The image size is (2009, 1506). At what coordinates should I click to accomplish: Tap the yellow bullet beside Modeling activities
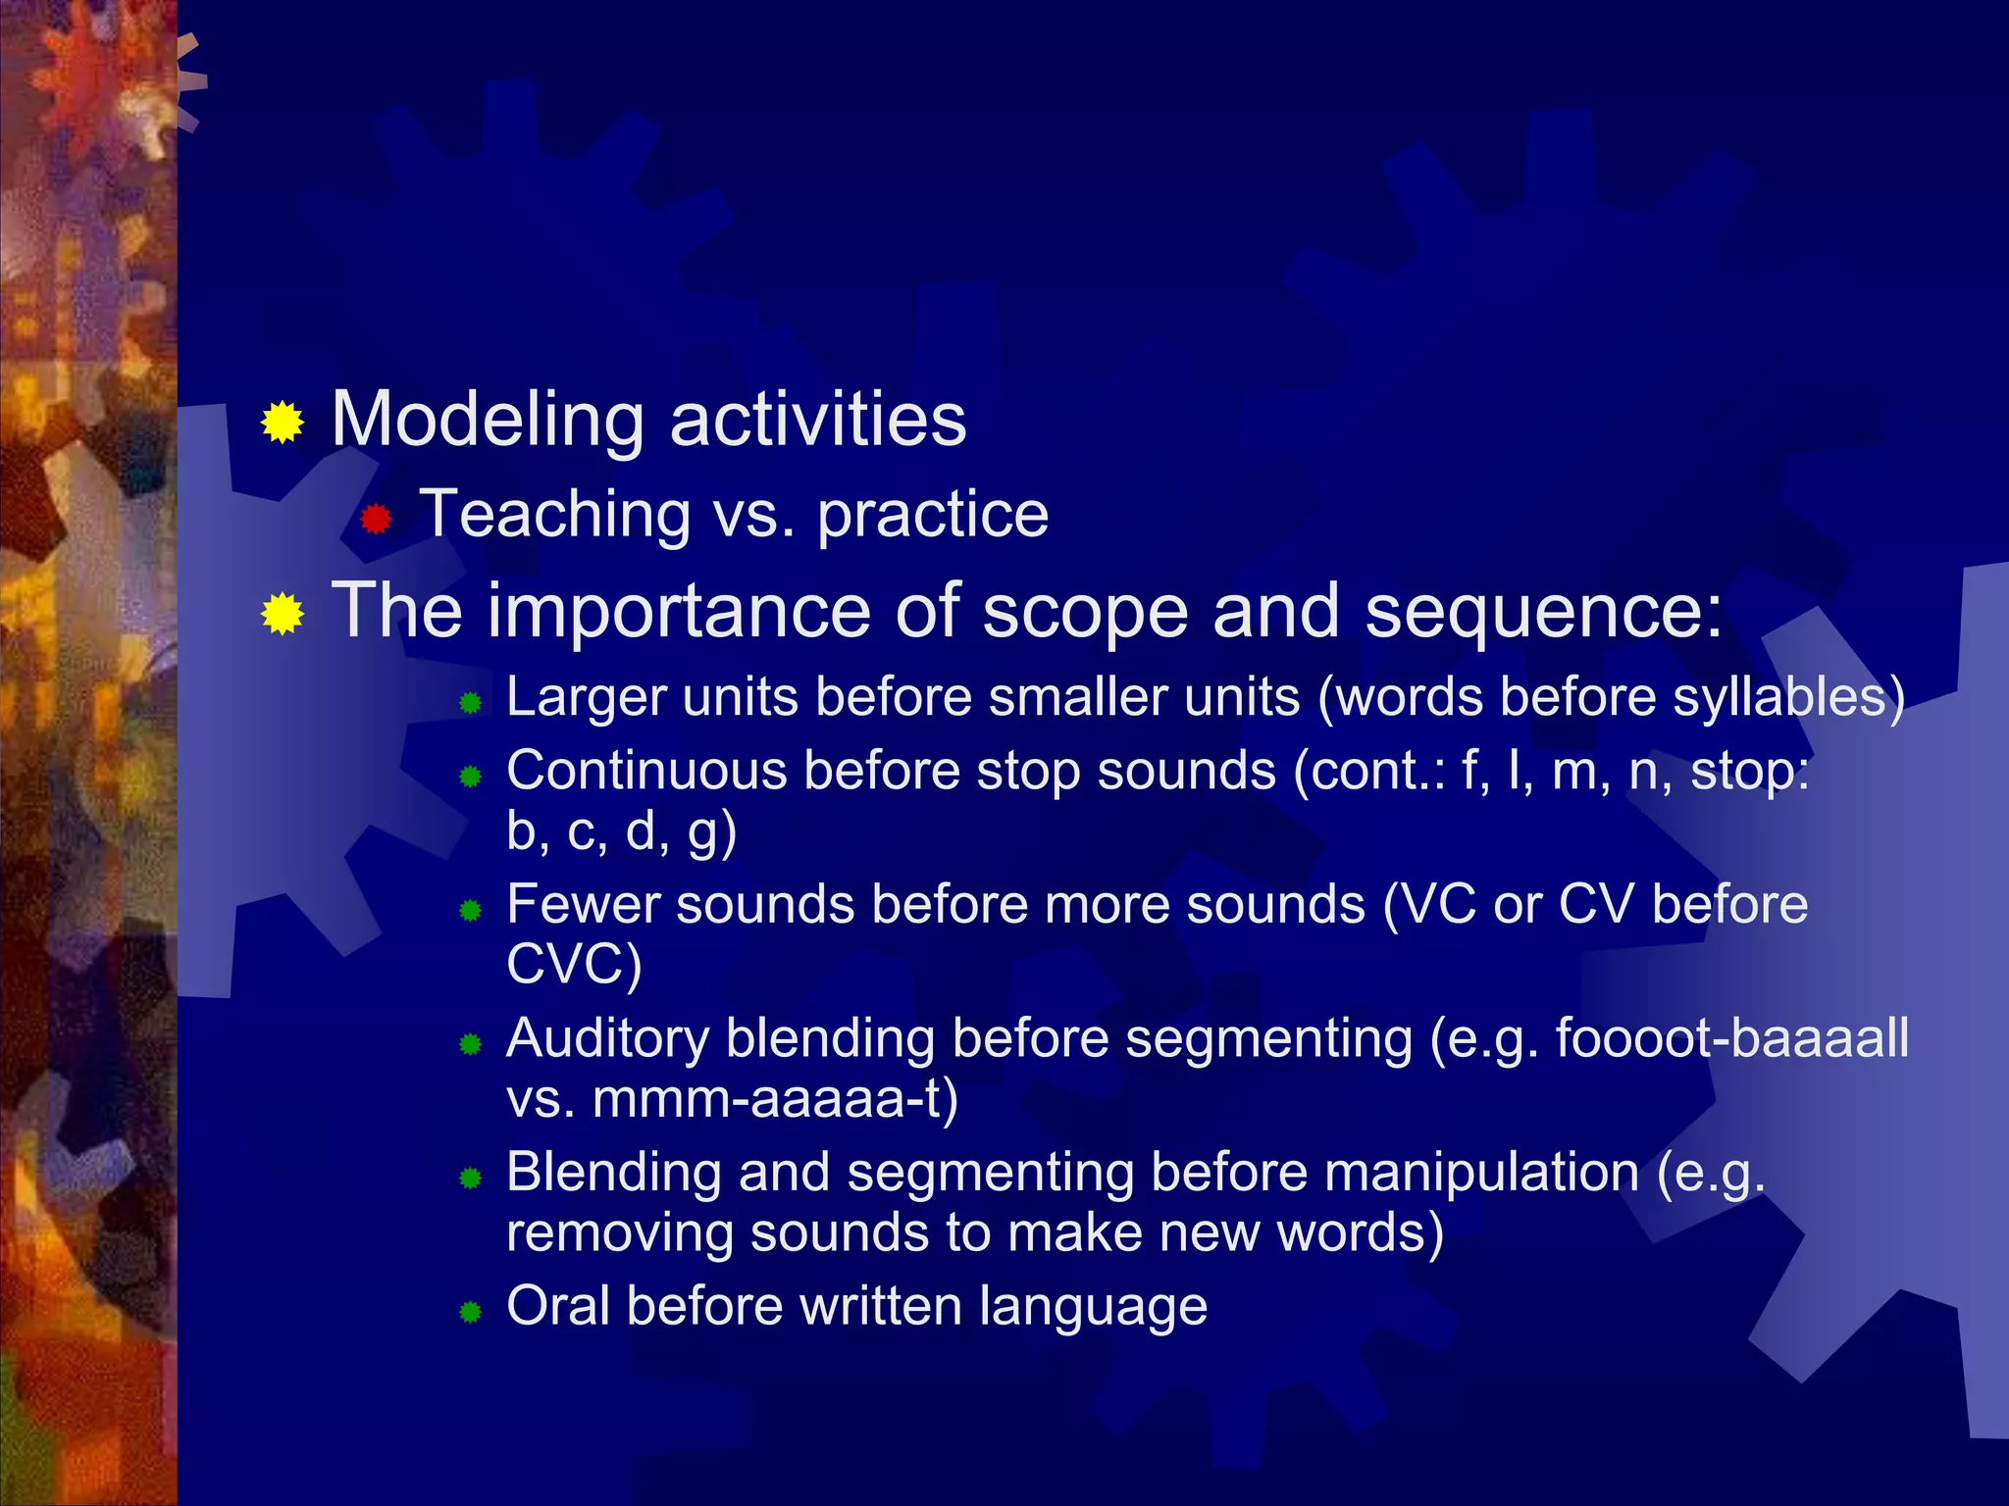pyautogui.click(x=283, y=423)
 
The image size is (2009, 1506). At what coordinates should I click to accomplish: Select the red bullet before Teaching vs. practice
pyautogui.click(x=376, y=519)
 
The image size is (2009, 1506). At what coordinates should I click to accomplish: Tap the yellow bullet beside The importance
pyautogui.click(x=283, y=615)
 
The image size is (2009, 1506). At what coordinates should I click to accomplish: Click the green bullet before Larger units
pyautogui.click(x=471, y=703)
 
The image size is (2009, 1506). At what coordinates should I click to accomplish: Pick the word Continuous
pyautogui.click(x=646, y=771)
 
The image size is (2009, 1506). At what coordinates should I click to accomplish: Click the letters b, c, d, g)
pyautogui.click(x=621, y=831)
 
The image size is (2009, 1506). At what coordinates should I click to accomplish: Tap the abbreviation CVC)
pyautogui.click(x=574, y=965)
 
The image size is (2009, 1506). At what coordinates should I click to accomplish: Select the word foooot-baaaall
pyautogui.click(x=1732, y=1038)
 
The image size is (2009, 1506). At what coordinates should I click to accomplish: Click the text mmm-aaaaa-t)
pyautogui.click(x=775, y=1099)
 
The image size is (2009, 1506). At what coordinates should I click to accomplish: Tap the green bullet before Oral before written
pyautogui.click(x=471, y=1312)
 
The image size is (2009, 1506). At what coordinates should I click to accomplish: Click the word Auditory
pyautogui.click(x=607, y=1039)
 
